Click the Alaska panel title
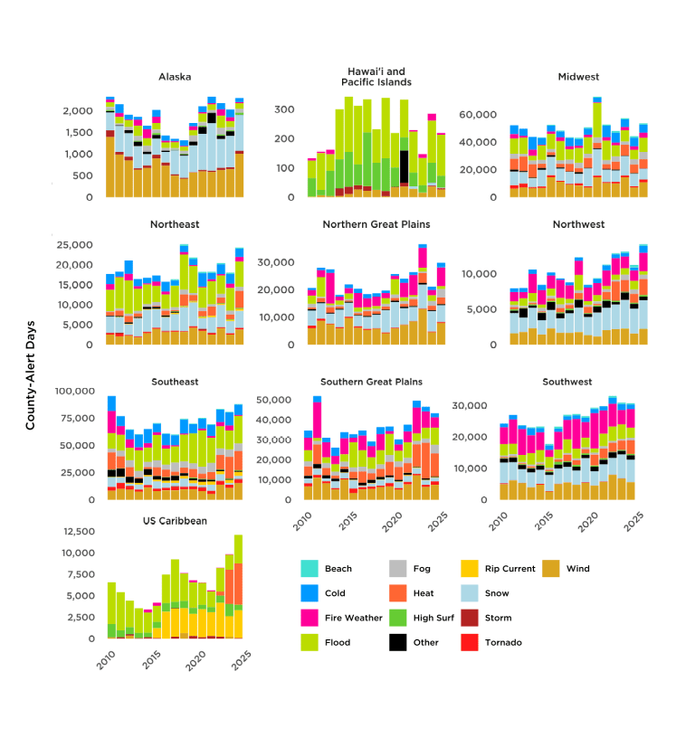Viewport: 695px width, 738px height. [175, 77]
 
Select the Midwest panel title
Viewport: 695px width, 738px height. [578, 77]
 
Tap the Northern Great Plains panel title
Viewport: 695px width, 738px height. [376, 223]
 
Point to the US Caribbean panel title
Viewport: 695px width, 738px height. [175, 522]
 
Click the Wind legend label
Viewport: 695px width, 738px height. [577, 569]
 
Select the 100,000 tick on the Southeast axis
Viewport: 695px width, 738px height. [70, 391]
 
